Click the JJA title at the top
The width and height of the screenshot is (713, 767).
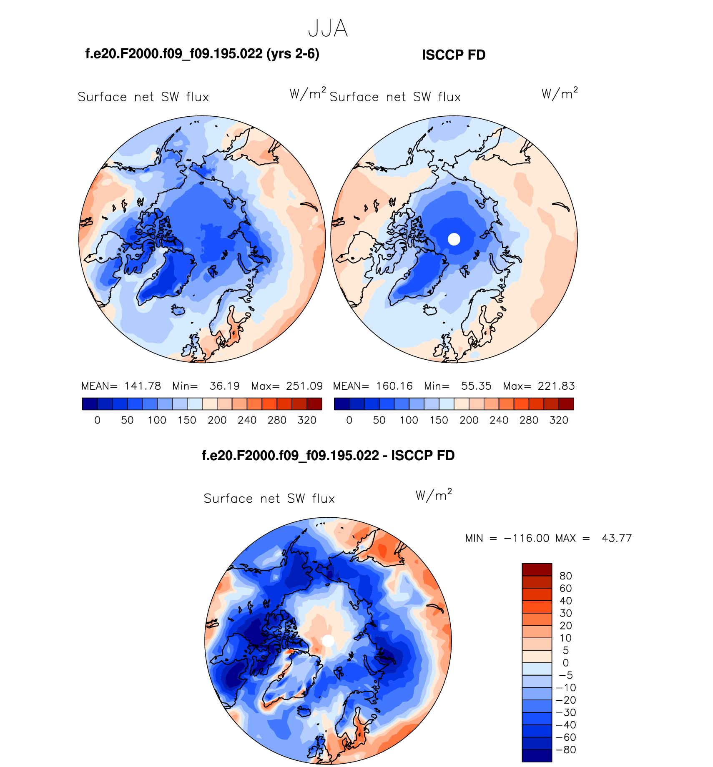328,29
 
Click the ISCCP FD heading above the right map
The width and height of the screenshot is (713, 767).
454,55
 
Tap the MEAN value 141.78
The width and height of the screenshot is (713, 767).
143,386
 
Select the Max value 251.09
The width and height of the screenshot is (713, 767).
304,386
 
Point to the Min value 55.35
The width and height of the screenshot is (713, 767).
476,386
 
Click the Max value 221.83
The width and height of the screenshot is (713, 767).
556,386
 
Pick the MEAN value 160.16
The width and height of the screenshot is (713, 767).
394,386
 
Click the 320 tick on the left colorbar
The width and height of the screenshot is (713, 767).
307,420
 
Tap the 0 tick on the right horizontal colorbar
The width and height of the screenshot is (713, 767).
349,420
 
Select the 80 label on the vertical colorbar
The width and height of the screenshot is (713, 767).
565,576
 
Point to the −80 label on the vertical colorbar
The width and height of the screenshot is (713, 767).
566,749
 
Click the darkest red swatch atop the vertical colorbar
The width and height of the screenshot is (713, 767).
537,569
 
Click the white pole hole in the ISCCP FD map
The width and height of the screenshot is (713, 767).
454,239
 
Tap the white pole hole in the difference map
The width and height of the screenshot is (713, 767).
328,641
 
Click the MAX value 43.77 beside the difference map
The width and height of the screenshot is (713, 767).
617,538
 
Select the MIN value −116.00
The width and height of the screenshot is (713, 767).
527,538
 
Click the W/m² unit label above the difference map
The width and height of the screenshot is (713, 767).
434,495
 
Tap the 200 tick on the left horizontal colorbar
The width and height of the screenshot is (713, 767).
217,420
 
